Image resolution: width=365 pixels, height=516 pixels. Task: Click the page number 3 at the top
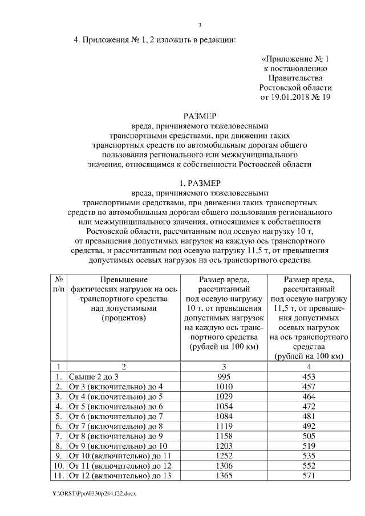click(x=200, y=25)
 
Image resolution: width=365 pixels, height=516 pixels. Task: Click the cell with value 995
click(x=224, y=377)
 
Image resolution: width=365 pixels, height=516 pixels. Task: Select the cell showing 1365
click(x=224, y=476)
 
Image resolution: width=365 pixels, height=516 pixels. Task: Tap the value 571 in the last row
click(x=308, y=476)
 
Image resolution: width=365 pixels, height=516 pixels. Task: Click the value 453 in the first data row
click(x=308, y=377)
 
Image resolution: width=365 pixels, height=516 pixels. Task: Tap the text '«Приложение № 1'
click(x=295, y=59)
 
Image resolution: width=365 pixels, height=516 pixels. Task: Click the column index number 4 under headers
click(x=308, y=367)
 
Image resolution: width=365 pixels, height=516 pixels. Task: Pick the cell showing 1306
click(x=224, y=466)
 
